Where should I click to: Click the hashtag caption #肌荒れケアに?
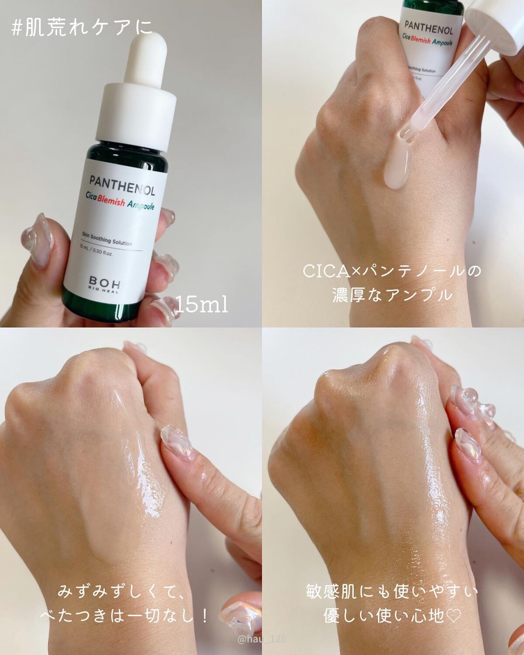click(82, 28)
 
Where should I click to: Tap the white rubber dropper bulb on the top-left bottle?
click(145, 59)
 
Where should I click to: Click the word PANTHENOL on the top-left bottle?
click(122, 186)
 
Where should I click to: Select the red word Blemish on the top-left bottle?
click(111, 201)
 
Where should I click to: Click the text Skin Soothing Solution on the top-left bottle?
click(107, 240)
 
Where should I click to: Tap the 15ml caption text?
click(202, 304)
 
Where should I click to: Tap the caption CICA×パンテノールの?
click(392, 271)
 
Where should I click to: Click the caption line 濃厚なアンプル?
click(392, 295)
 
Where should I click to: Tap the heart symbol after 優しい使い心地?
click(454, 617)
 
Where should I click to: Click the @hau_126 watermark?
click(262, 639)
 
